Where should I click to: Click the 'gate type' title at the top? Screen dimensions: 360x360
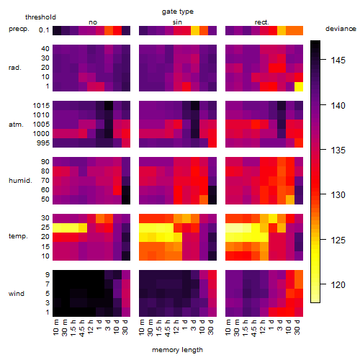tap(178, 12)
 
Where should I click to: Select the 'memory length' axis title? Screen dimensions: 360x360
tap(177, 350)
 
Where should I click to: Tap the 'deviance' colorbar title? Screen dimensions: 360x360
tap(341, 29)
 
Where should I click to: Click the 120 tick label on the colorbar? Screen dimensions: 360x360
tap(338, 285)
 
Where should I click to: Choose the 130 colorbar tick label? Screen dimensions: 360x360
tap(338, 195)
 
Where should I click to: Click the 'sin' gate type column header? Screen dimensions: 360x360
tap(177, 22)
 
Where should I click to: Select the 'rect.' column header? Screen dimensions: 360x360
tap(262, 22)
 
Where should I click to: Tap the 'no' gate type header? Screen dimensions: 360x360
tap(93, 22)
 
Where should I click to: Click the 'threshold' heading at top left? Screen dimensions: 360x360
tap(40, 17)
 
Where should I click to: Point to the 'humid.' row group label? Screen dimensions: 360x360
tap(20, 181)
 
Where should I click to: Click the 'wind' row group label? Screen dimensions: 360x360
tap(17, 294)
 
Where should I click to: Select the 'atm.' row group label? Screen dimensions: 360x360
tap(16, 125)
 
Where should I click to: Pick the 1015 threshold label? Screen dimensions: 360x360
tap(41, 106)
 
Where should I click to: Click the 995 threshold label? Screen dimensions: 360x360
tap(43, 143)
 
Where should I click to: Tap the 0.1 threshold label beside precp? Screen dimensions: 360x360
tap(44, 30)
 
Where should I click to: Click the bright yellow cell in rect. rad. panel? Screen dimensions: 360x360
tap(299, 86)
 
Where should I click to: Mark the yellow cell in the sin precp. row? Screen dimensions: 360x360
tap(195, 30)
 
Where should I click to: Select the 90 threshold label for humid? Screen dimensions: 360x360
tap(45, 162)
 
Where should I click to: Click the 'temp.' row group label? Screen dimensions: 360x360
tap(18, 236)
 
